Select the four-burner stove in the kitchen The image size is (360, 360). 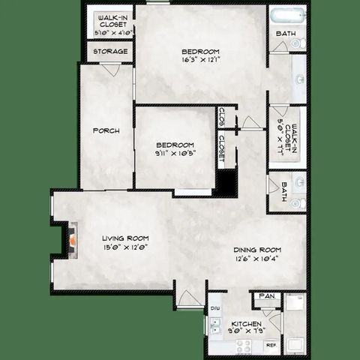[x=244, y=345]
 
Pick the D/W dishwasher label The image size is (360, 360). [x=214, y=307]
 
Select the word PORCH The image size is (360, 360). [x=106, y=130]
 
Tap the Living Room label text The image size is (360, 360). [x=124, y=240]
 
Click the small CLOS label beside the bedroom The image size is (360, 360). [x=222, y=116]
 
